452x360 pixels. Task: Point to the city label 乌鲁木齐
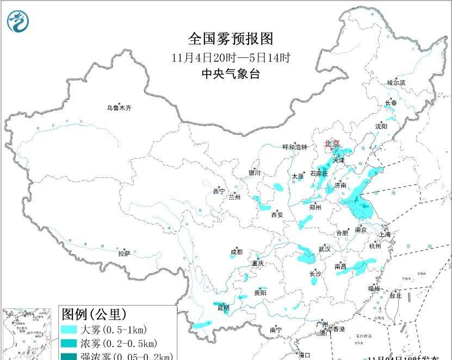[119, 108]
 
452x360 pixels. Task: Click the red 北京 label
[331, 144]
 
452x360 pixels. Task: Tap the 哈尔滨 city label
[396, 83]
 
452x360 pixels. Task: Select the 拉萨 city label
[124, 253]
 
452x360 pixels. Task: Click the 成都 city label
[237, 252]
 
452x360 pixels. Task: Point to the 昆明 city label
[224, 308]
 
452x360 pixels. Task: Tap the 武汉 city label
[325, 249]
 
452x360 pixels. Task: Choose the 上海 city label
[385, 234]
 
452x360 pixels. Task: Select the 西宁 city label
[219, 191]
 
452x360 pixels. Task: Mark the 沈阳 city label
[381, 126]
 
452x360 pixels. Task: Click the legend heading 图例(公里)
[94, 314]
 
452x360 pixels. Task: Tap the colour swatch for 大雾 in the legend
[69, 330]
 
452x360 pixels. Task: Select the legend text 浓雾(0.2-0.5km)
[119, 343]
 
